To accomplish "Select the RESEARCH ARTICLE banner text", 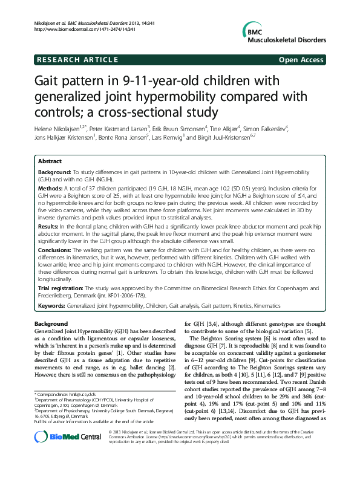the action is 77,60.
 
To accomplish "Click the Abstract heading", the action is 50,162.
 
